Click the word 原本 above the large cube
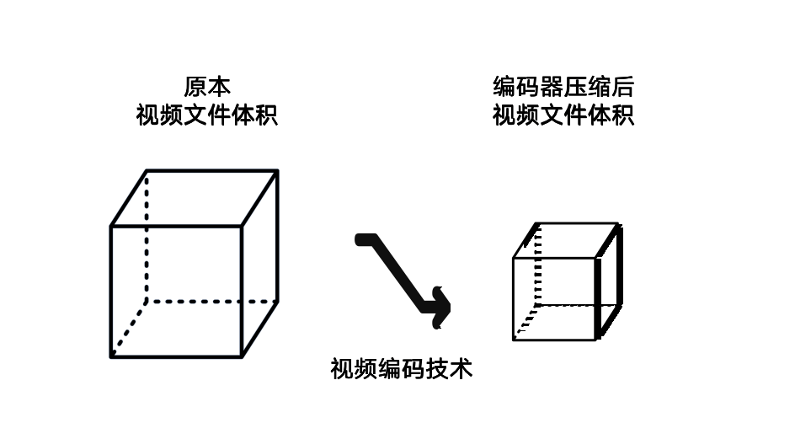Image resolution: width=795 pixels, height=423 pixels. pos(206,87)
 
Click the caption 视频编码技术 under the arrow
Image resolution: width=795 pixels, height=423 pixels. pos(401,369)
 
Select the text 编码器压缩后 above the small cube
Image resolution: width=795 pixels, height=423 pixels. pos(563,87)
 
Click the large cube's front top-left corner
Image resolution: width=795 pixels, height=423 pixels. pos(111,226)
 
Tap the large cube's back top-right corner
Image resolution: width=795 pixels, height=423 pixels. pos(277,171)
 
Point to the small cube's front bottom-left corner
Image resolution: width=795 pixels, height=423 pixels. pos(514,340)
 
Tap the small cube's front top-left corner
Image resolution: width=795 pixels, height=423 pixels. pos(514,258)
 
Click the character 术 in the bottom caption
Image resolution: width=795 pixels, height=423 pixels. pos(460,369)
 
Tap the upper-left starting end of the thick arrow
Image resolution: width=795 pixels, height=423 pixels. pos(360,239)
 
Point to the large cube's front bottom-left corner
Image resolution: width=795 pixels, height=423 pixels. pos(111,356)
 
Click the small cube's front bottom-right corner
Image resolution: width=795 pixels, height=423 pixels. pos(597,340)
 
